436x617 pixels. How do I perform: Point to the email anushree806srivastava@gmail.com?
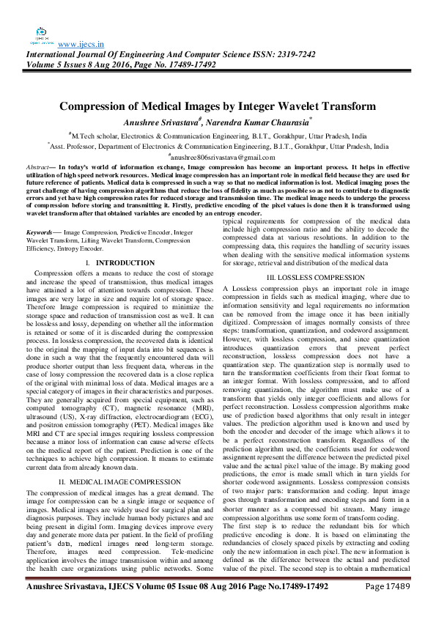(218, 157)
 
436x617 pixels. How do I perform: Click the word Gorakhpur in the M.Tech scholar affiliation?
(267, 136)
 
